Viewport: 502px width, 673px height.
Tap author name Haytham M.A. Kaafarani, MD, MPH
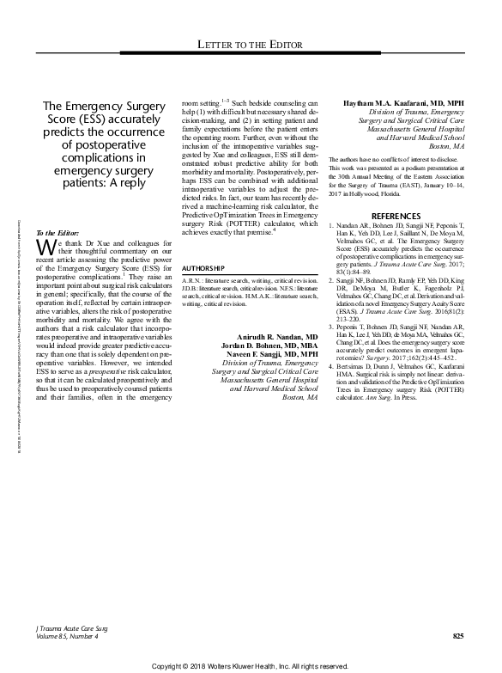click(403, 104)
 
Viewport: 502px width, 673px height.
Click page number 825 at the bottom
click(458, 636)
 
